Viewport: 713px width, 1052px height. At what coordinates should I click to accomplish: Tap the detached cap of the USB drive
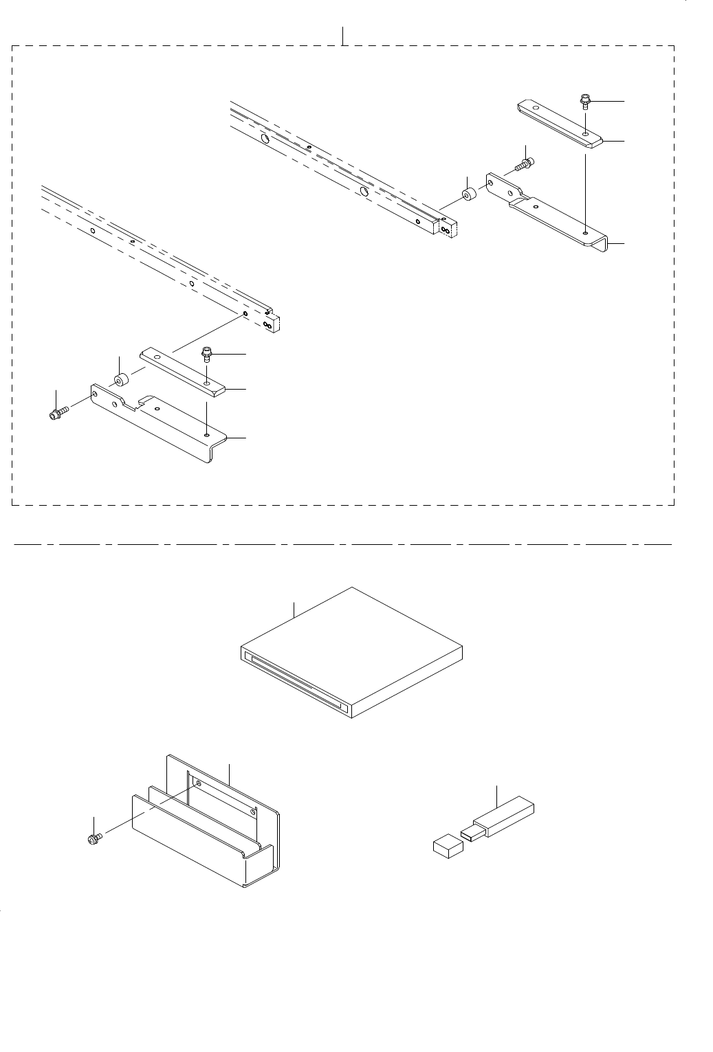coord(448,846)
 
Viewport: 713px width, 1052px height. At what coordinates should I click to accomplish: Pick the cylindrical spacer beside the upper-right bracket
coord(468,195)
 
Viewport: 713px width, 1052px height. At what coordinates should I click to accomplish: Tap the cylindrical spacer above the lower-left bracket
coord(120,380)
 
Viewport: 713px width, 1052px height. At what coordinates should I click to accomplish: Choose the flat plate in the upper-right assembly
coord(558,124)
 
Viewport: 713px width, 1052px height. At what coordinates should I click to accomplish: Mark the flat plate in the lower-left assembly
coord(182,371)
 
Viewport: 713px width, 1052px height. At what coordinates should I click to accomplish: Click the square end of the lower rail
coord(277,322)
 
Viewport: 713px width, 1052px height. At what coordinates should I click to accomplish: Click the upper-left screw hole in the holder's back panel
coord(198,783)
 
